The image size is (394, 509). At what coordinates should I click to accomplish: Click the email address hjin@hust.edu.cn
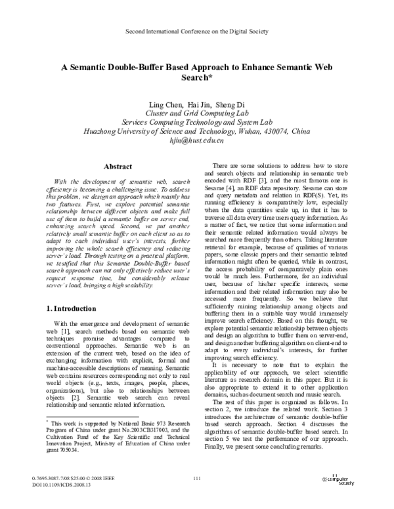tap(196, 140)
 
